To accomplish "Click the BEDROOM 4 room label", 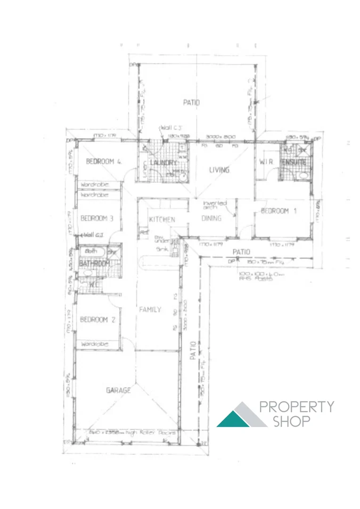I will (x=104, y=162).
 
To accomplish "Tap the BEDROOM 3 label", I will (x=97, y=218).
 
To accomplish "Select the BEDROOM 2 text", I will (x=97, y=320).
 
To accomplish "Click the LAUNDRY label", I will (x=163, y=163).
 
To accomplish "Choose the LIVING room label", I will (x=219, y=170).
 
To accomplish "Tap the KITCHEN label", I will (x=162, y=220).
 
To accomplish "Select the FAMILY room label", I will (x=150, y=310).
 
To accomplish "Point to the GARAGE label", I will (x=118, y=390).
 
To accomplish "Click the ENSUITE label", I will (x=294, y=163).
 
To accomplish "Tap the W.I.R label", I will (x=267, y=162).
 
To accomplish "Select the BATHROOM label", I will (x=94, y=263).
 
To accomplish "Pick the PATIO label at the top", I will (x=191, y=102).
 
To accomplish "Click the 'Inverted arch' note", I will (x=215, y=205).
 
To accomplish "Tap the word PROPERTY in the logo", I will (x=297, y=407).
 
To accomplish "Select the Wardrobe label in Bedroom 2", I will (x=94, y=345).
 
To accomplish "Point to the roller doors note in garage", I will (x=133, y=432).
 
